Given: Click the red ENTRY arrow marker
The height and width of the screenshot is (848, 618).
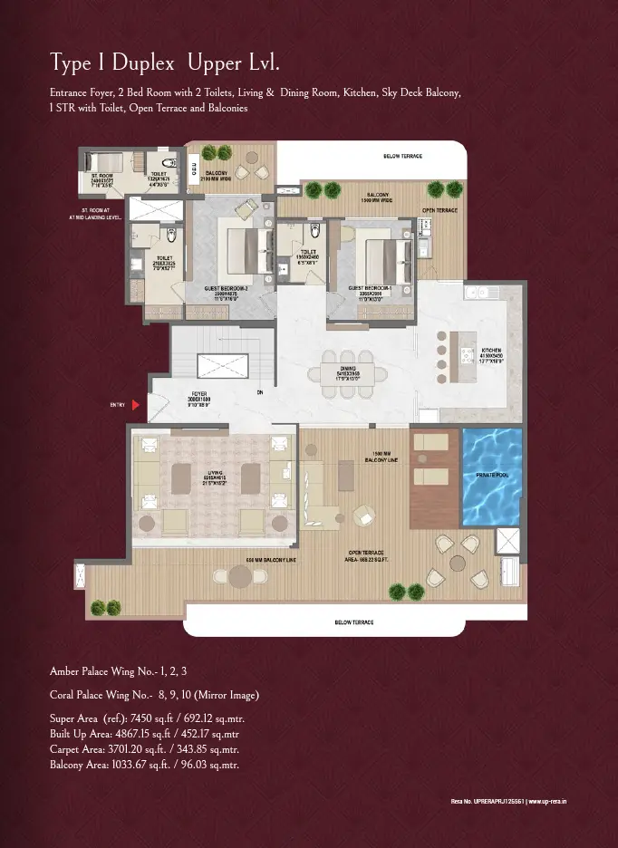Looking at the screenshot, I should [136, 406].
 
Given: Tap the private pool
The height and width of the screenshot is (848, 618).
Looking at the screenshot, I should [491, 477].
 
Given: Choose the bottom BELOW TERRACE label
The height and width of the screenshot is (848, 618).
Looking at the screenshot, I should [354, 622].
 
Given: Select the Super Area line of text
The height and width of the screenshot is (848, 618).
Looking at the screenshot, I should [147, 718].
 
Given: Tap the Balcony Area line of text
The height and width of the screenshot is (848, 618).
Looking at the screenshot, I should [145, 766].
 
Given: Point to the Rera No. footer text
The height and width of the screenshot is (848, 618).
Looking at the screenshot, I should [508, 801].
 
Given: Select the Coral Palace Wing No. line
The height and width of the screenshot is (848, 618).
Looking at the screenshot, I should [154, 695].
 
